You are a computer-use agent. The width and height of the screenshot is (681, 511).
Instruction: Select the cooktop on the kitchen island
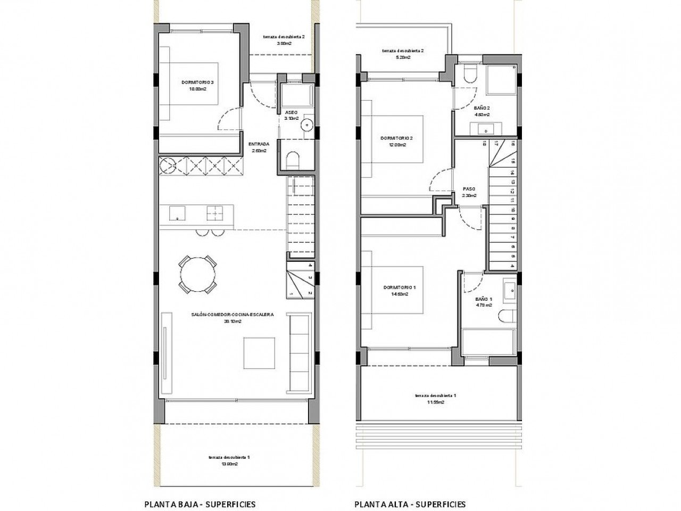pyautogui.click(x=215, y=213)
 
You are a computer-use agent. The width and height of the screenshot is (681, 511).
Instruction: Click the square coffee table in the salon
pyautogui.click(x=260, y=353)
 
